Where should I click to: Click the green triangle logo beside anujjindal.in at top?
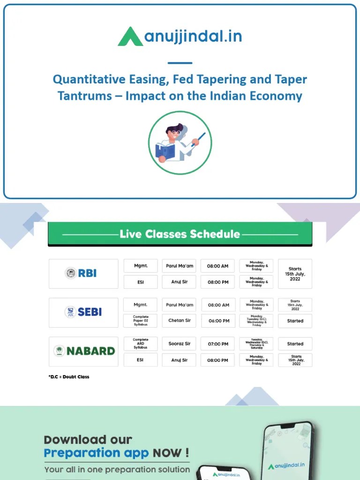(130, 37)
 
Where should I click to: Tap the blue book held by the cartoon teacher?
(165, 151)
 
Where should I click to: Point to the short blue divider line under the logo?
(180, 63)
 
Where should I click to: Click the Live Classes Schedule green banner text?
(180, 234)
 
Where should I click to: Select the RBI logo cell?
(83, 273)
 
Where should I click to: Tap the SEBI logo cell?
(83, 312)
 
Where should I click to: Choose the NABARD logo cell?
(83, 351)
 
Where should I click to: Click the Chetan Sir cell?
(179, 321)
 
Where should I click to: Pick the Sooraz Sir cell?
(179, 344)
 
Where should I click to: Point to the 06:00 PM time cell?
(218, 321)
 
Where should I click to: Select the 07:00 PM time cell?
(218, 344)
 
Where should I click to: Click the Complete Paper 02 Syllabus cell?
(141, 321)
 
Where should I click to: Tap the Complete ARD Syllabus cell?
(141, 344)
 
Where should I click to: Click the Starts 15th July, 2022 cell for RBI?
(295, 273)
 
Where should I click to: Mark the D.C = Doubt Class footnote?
(69, 377)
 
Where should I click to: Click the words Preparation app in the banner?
(96, 453)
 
